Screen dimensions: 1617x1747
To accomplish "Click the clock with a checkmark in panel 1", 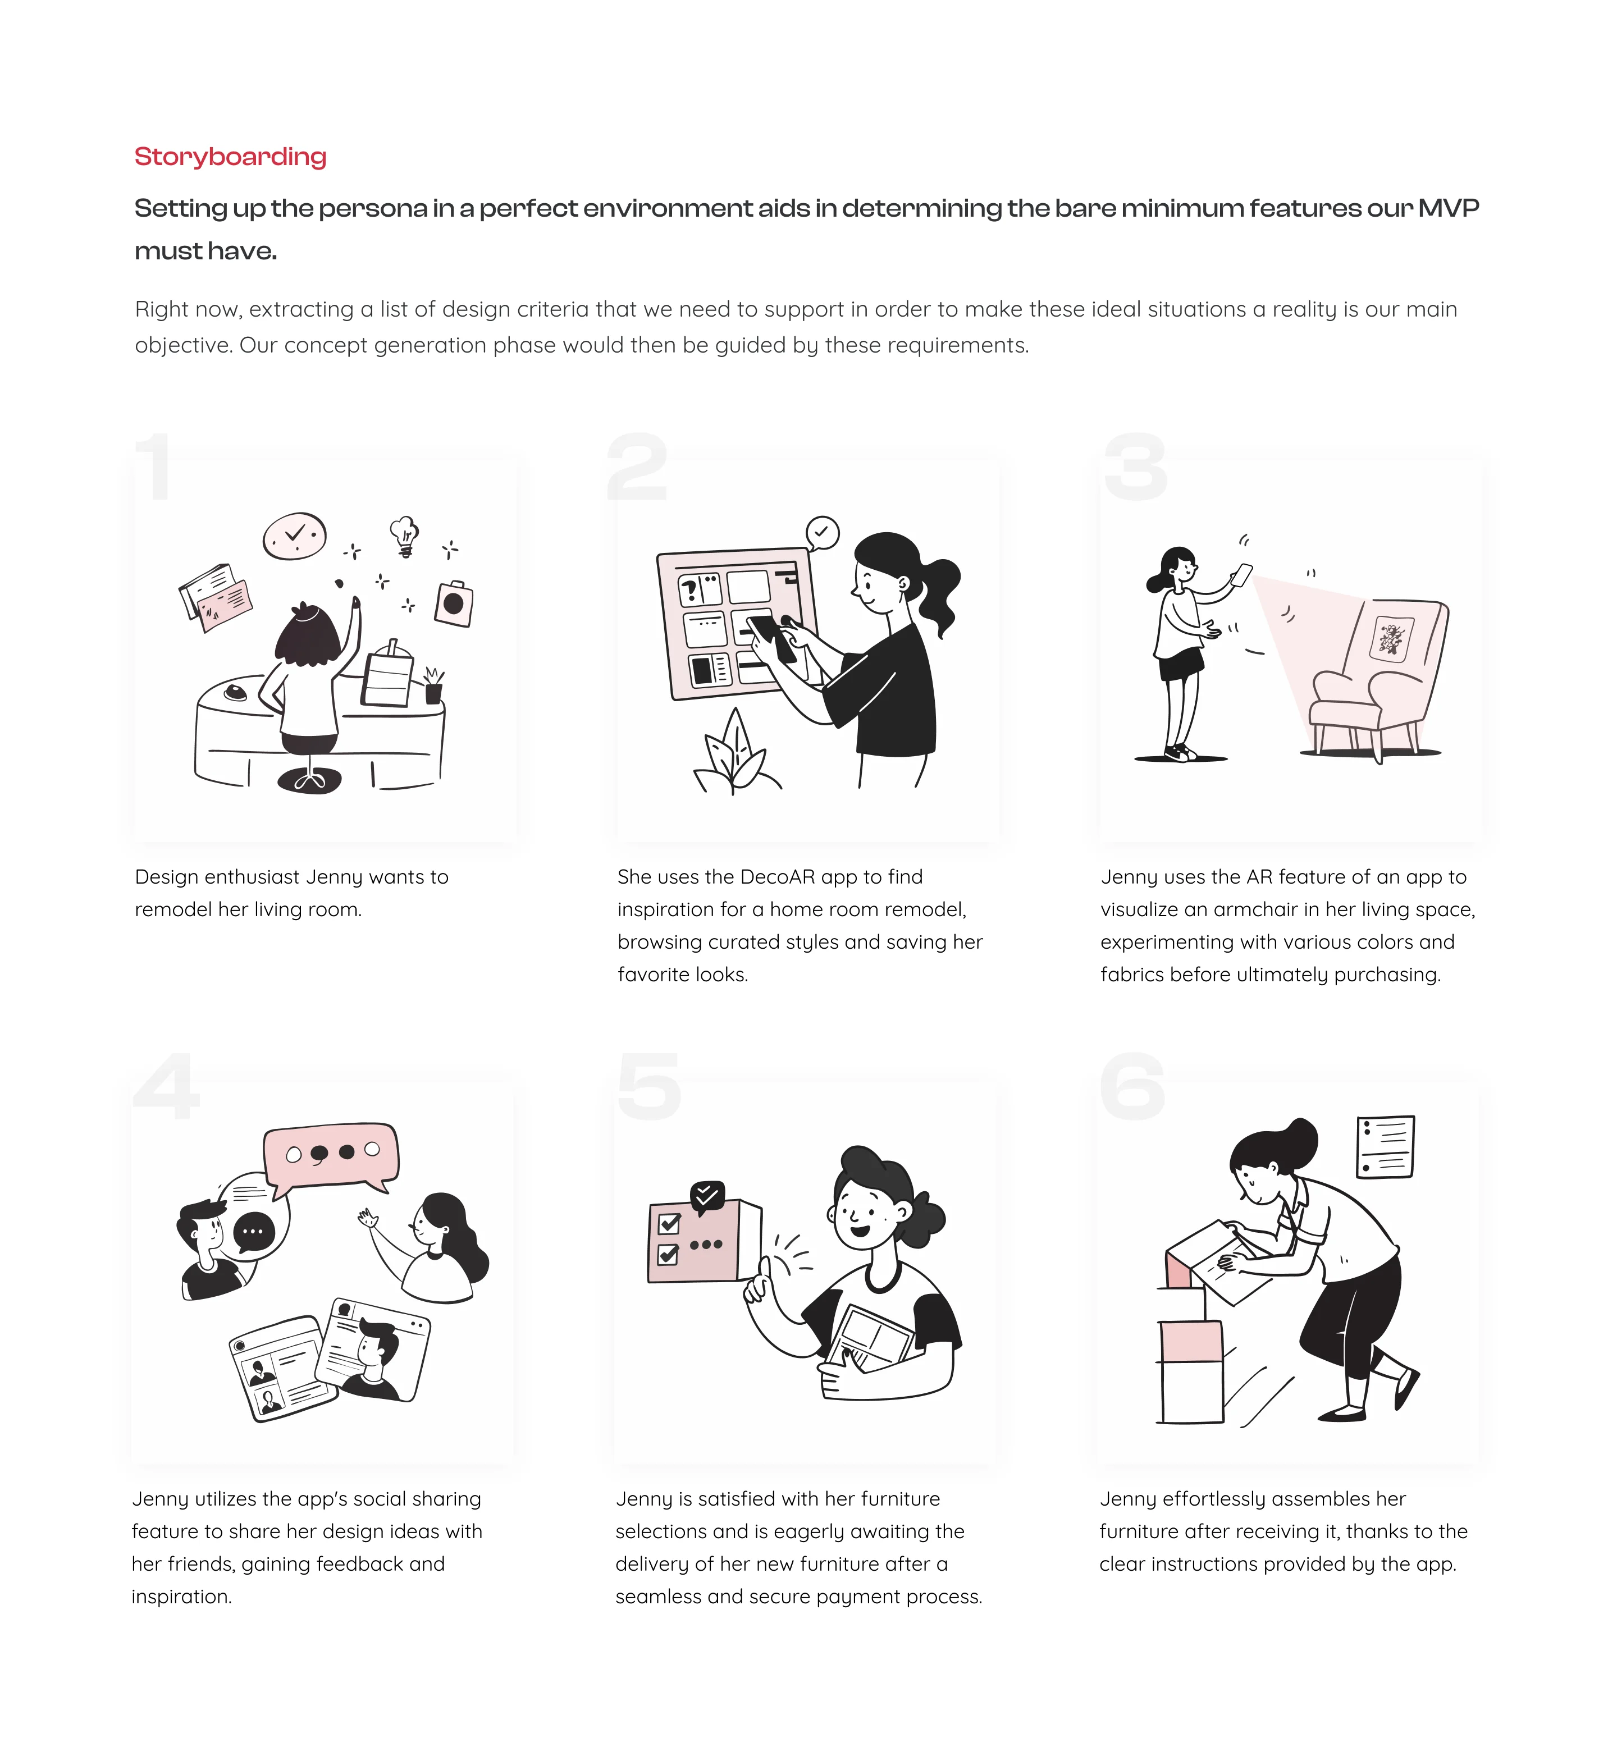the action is point(295,536).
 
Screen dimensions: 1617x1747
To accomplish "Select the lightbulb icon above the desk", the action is point(404,536).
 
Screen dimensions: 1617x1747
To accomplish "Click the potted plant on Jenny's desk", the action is point(433,685).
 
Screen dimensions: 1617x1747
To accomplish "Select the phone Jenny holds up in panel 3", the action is point(1241,575).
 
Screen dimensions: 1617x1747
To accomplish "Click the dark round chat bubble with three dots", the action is point(254,1232).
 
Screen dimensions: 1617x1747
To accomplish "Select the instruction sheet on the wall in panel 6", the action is point(1385,1147).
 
